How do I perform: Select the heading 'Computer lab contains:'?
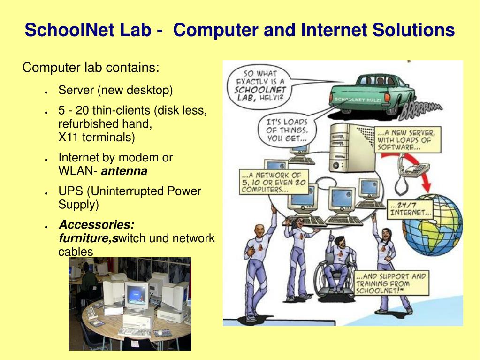click(x=91, y=68)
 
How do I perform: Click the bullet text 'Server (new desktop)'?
click(x=115, y=90)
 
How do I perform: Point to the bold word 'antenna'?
click(x=124, y=171)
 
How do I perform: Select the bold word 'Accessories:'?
click(x=96, y=225)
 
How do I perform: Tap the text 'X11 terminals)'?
click(x=96, y=137)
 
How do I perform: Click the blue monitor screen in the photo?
click(x=136, y=295)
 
